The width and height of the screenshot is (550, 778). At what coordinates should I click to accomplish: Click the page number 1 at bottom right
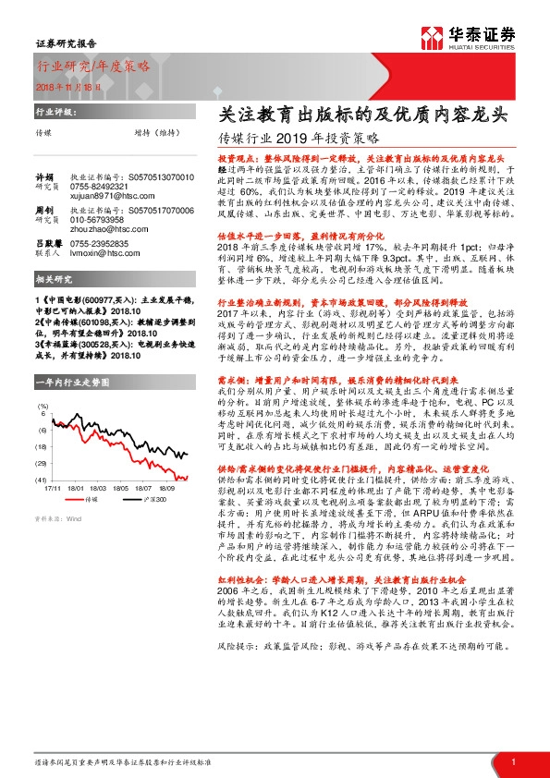point(512,760)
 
